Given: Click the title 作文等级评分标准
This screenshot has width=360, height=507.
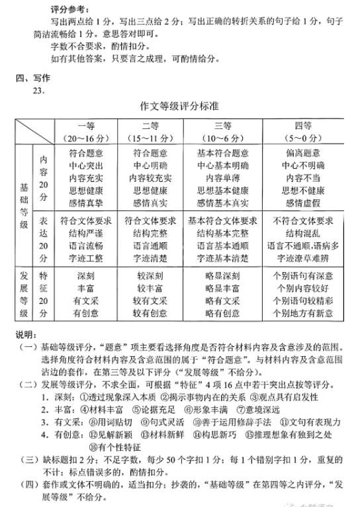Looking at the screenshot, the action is [x=181, y=106].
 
